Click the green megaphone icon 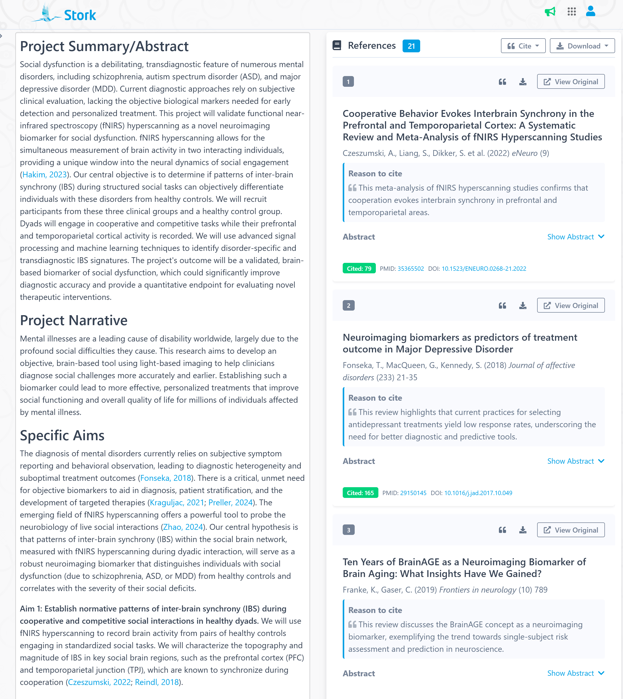coord(550,12)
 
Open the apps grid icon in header coord(571,12)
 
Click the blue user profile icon coord(590,11)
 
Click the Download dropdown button coord(582,46)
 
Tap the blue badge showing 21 coord(411,46)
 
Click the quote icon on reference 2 coord(502,305)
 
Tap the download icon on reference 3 coord(522,530)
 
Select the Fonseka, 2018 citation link coord(165,478)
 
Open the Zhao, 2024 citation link coord(183,527)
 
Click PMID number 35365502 coord(410,268)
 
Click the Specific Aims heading coord(62,435)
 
